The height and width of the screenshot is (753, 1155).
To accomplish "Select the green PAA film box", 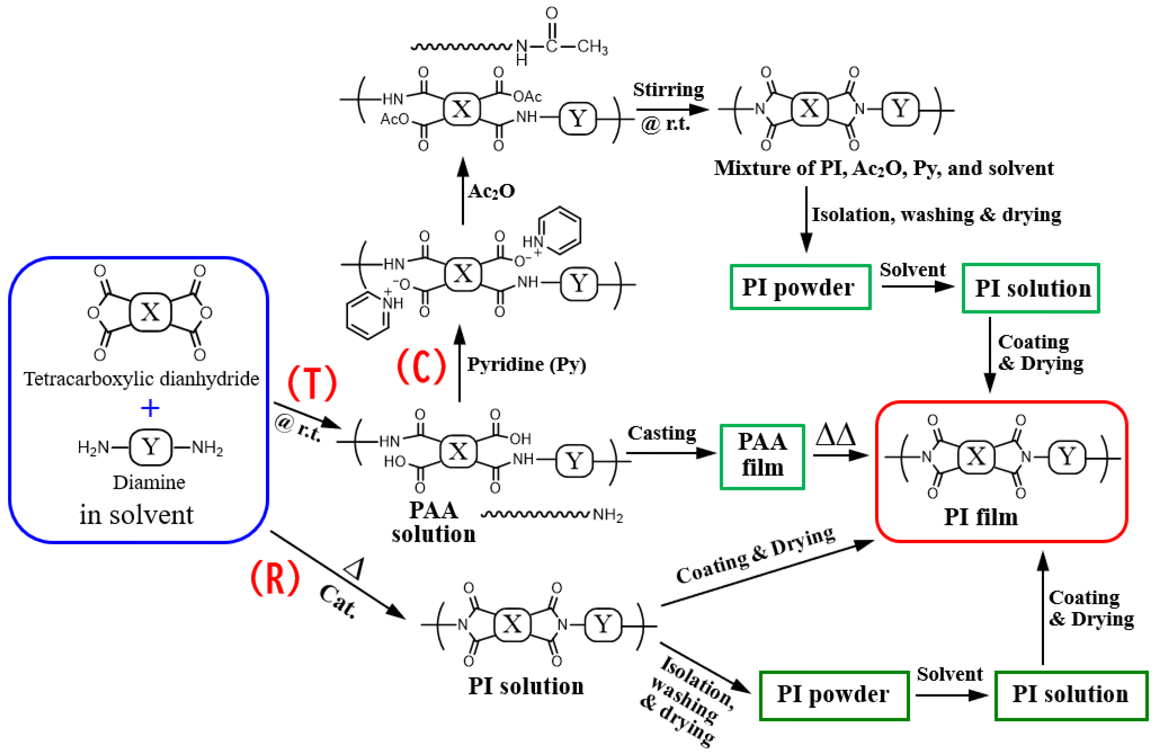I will pos(762,456).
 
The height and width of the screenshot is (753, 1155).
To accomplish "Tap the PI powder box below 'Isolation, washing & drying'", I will pos(800,287).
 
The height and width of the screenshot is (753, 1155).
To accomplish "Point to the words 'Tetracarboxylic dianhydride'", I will pos(141,379).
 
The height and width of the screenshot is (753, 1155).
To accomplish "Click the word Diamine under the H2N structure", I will pos(149,482).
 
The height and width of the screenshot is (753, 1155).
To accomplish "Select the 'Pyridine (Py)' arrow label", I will pos(526,364).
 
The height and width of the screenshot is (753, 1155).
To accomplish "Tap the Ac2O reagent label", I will pos(491,191).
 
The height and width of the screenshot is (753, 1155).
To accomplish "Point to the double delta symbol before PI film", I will pos(835,435).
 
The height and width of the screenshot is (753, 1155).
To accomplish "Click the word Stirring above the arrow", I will pos(668,90).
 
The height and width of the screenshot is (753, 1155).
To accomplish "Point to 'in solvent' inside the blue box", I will pos(136,515).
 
